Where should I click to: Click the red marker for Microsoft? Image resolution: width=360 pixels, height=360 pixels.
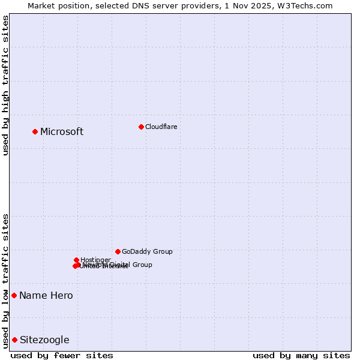pos(35,131)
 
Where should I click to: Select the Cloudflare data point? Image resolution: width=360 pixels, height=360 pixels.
pos(141,127)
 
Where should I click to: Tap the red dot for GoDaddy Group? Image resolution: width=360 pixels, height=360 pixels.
pos(118,251)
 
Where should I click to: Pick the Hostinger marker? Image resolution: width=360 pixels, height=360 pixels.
pos(76,260)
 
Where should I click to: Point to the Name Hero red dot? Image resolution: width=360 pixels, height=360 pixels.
pos(14,295)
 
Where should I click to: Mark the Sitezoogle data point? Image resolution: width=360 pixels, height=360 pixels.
pos(14,340)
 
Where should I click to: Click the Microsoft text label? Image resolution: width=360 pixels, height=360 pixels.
pos(62,132)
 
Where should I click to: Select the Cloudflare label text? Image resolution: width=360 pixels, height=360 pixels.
pos(161,127)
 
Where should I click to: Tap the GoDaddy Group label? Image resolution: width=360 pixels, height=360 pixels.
pos(147,251)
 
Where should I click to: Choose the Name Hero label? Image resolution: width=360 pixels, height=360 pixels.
pos(46,296)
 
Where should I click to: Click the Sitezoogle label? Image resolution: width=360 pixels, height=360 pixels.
pos(44,340)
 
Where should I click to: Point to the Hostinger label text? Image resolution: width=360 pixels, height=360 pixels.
pos(95,260)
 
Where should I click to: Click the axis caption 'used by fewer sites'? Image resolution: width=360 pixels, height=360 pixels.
pos(62,355)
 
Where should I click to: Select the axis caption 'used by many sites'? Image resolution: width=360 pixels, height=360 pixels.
pos(301,355)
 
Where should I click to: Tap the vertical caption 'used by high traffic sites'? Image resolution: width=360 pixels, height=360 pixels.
pos(6,85)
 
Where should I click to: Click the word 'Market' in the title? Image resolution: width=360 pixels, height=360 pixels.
pos(43,5)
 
